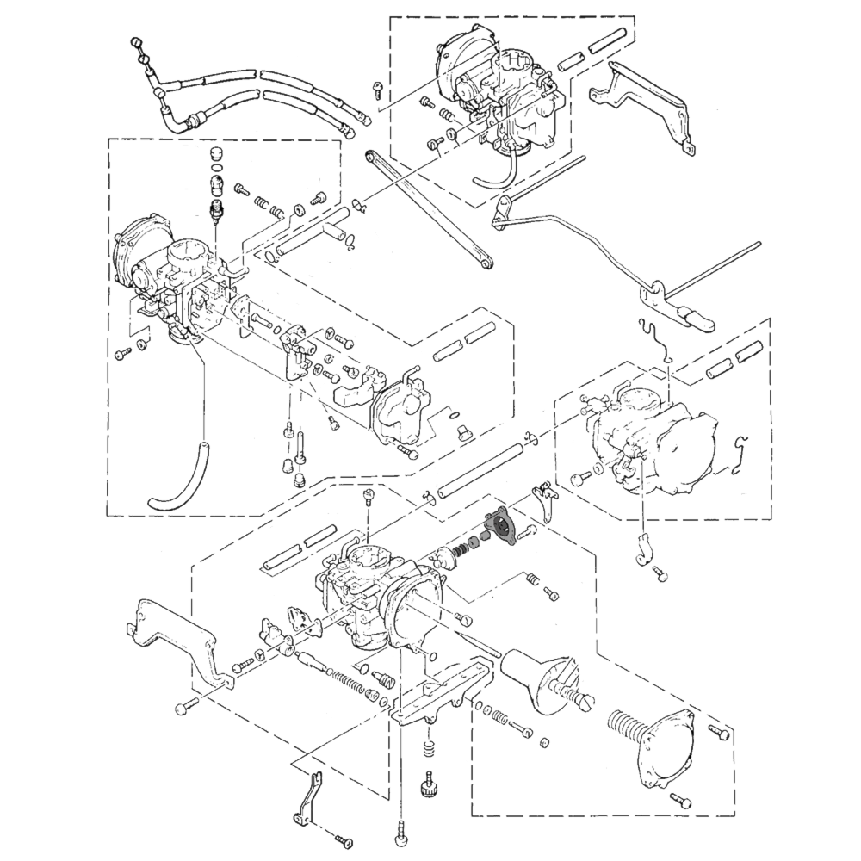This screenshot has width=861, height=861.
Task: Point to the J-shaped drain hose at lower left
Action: (181, 482)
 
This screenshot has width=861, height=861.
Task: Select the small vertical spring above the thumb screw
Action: (429, 749)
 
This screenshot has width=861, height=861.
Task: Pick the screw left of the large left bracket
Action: (187, 708)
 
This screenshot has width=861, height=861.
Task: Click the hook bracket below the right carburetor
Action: (642, 551)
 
